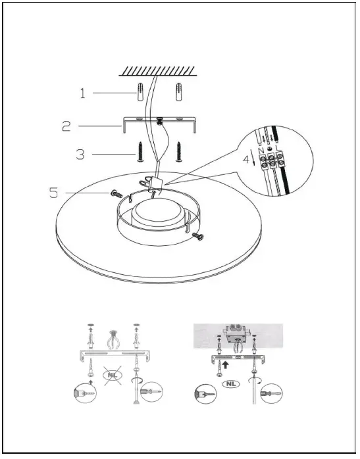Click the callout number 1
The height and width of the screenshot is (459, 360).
(83, 94)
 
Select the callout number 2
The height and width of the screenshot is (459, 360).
(66, 125)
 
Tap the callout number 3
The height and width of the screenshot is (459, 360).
(80, 155)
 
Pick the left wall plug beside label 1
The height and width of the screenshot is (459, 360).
(140, 94)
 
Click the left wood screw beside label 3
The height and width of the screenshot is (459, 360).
(140, 152)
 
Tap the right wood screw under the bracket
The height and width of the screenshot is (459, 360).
(178, 151)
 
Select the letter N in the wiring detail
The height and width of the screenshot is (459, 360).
(262, 151)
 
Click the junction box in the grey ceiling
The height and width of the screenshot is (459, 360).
(235, 335)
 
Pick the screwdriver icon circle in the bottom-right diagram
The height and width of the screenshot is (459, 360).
(271, 396)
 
